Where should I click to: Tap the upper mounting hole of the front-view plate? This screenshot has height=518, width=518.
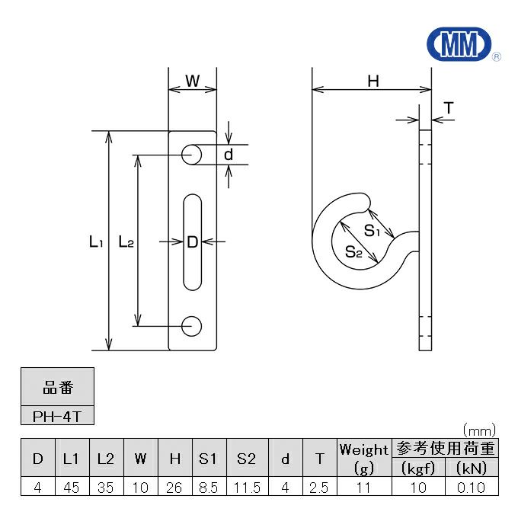click(192, 155)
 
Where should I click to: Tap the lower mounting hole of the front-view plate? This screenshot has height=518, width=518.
click(192, 325)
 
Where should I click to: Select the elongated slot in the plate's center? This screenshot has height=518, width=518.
click(192, 241)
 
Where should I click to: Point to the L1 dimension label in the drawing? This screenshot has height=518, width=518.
click(95, 242)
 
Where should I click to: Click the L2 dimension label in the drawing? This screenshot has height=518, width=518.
click(126, 242)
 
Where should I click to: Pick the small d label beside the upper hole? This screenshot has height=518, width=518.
click(228, 155)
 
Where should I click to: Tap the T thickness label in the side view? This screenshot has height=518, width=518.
click(449, 109)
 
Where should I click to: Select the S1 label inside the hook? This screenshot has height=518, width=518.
click(371, 231)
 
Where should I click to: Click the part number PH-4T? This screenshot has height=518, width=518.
click(58, 417)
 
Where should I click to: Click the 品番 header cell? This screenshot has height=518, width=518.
click(58, 388)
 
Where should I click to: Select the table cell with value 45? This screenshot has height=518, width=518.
click(71, 488)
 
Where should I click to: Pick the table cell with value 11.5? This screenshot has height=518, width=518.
click(247, 488)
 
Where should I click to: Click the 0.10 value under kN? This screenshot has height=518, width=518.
click(471, 488)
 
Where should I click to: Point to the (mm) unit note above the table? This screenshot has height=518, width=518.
click(479, 430)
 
